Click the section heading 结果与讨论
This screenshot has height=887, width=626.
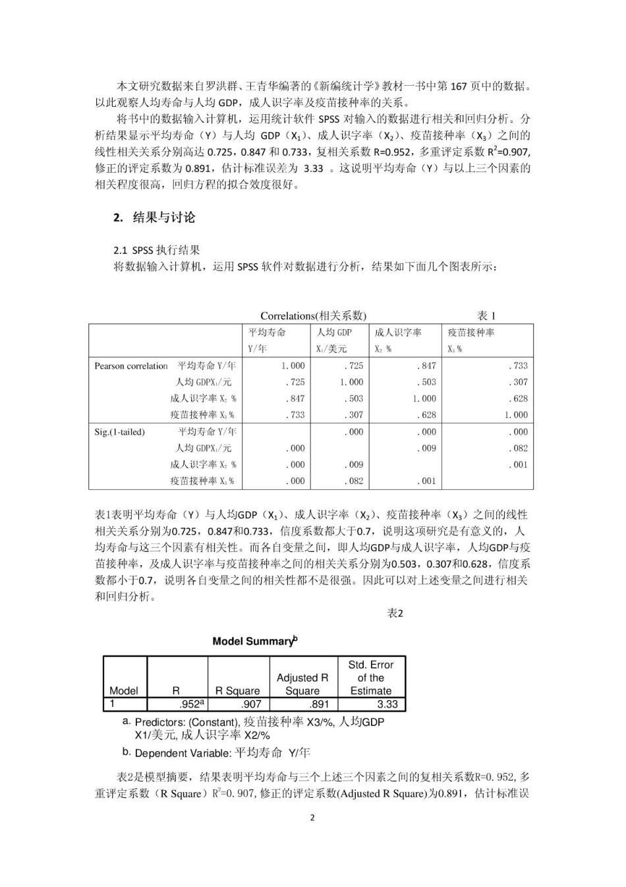(163, 218)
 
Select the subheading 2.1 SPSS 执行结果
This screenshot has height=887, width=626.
(156, 250)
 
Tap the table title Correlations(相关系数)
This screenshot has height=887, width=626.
(313, 315)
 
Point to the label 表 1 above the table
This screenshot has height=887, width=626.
(486, 315)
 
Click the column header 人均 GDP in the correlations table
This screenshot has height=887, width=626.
(334, 332)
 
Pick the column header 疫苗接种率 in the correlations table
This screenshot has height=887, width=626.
(471, 332)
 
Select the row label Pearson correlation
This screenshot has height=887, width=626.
(131, 366)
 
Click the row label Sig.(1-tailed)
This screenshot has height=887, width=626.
(119, 432)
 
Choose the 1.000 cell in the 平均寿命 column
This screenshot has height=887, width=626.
(293, 366)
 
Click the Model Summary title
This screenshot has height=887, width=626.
(255, 641)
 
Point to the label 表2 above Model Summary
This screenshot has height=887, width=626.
(395, 613)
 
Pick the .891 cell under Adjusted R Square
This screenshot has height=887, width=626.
(319, 704)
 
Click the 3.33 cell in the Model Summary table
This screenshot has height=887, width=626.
(387, 704)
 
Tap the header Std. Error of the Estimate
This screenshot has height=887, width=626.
(370, 677)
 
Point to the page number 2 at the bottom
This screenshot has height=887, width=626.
(312, 818)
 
